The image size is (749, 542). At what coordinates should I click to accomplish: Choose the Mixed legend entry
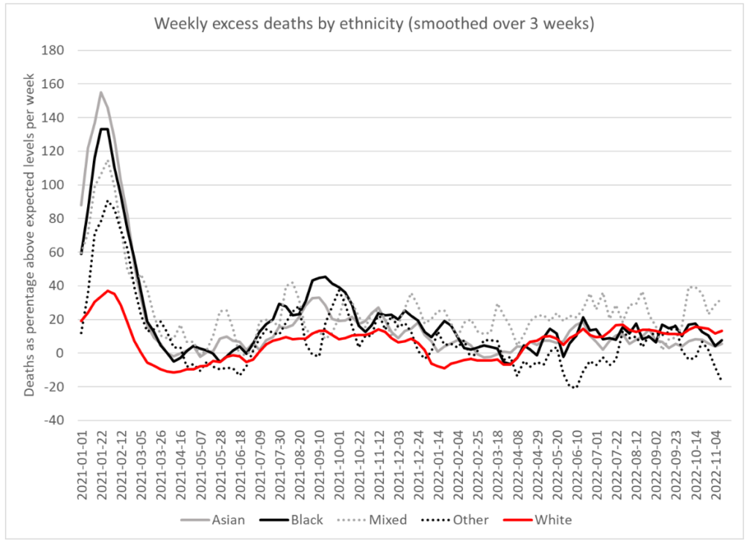[x=384, y=520]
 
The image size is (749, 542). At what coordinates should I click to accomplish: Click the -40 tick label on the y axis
[x=55, y=421]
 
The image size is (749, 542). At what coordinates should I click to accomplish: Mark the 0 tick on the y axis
[x=61, y=353]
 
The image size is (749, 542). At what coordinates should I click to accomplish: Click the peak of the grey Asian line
[x=101, y=92]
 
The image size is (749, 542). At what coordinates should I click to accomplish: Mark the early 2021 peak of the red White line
[x=108, y=290]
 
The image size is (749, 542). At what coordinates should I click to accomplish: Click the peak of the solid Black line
[x=105, y=129]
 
